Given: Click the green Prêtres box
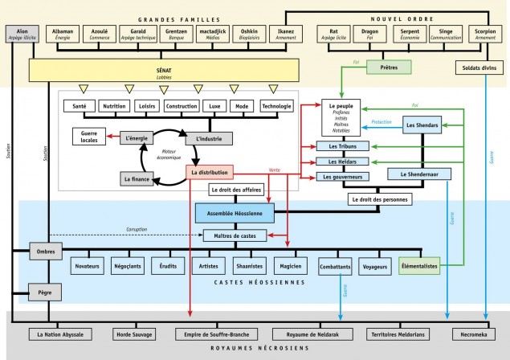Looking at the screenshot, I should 388,67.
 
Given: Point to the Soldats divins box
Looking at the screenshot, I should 479,67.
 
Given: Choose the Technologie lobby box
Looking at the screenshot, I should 275,105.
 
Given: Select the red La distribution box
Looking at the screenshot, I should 209,172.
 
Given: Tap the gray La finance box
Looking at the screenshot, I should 138,178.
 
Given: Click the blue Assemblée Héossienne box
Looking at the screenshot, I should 235,212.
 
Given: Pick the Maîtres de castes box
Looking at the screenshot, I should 235,235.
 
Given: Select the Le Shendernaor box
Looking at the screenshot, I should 419,174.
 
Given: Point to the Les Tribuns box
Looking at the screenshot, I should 343,146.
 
